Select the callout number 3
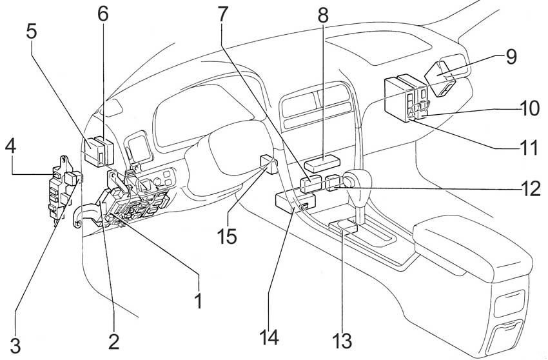[15, 345]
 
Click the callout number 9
[511, 57]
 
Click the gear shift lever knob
[357, 180]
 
